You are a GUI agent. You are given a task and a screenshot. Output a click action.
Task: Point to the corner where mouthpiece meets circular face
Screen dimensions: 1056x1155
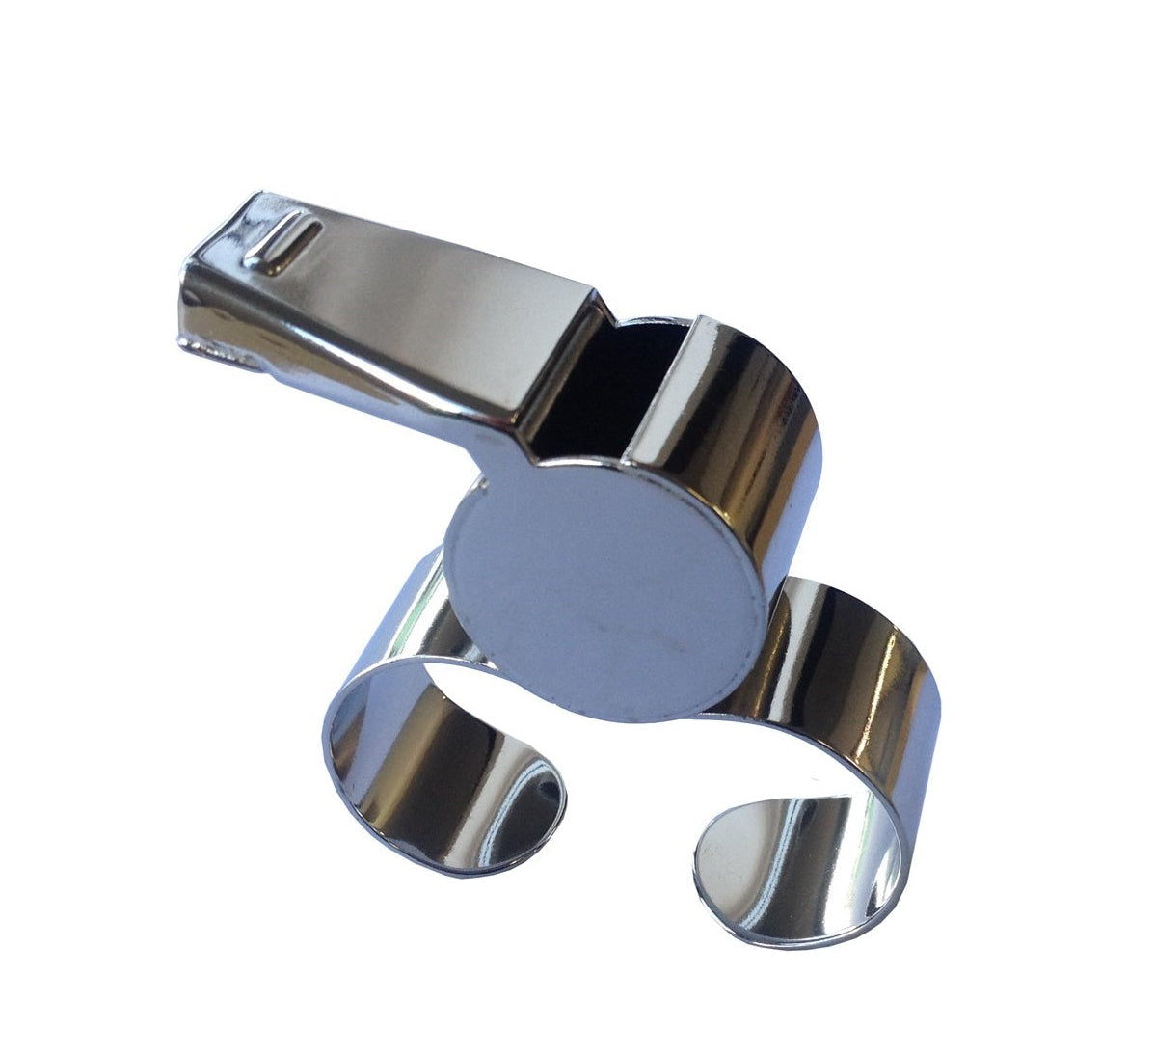coord(521,463)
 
